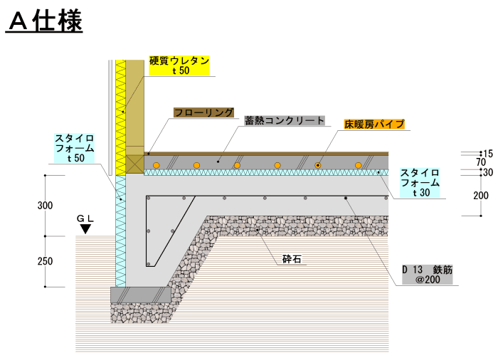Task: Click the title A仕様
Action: [45, 21]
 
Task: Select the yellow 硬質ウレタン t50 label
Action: [180, 65]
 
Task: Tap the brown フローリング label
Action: [203, 112]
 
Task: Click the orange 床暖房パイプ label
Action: [374, 124]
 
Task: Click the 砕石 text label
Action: [292, 260]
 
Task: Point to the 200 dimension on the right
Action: [481, 196]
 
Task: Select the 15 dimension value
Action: [487, 154]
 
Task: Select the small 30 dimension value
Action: [487, 173]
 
